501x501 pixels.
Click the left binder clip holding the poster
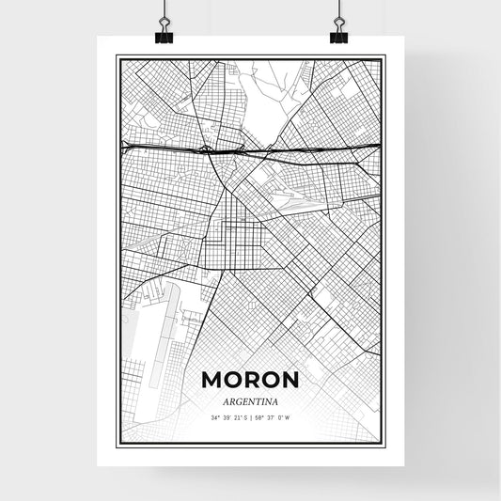(164, 34)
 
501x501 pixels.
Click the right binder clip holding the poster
(337, 34)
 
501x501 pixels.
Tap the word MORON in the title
(250, 380)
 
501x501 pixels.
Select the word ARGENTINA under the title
(250, 400)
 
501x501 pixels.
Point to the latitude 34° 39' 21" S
(228, 416)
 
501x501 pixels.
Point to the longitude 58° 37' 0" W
(274, 416)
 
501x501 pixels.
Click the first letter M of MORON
(211, 380)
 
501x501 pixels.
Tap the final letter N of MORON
(290, 380)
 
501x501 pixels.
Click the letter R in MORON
(250, 380)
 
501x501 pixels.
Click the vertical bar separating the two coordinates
(251, 416)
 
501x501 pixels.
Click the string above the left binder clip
(164, 9)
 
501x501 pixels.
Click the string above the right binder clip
(337, 9)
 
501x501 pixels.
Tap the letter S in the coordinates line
(244, 416)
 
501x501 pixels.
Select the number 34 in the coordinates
(214, 416)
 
